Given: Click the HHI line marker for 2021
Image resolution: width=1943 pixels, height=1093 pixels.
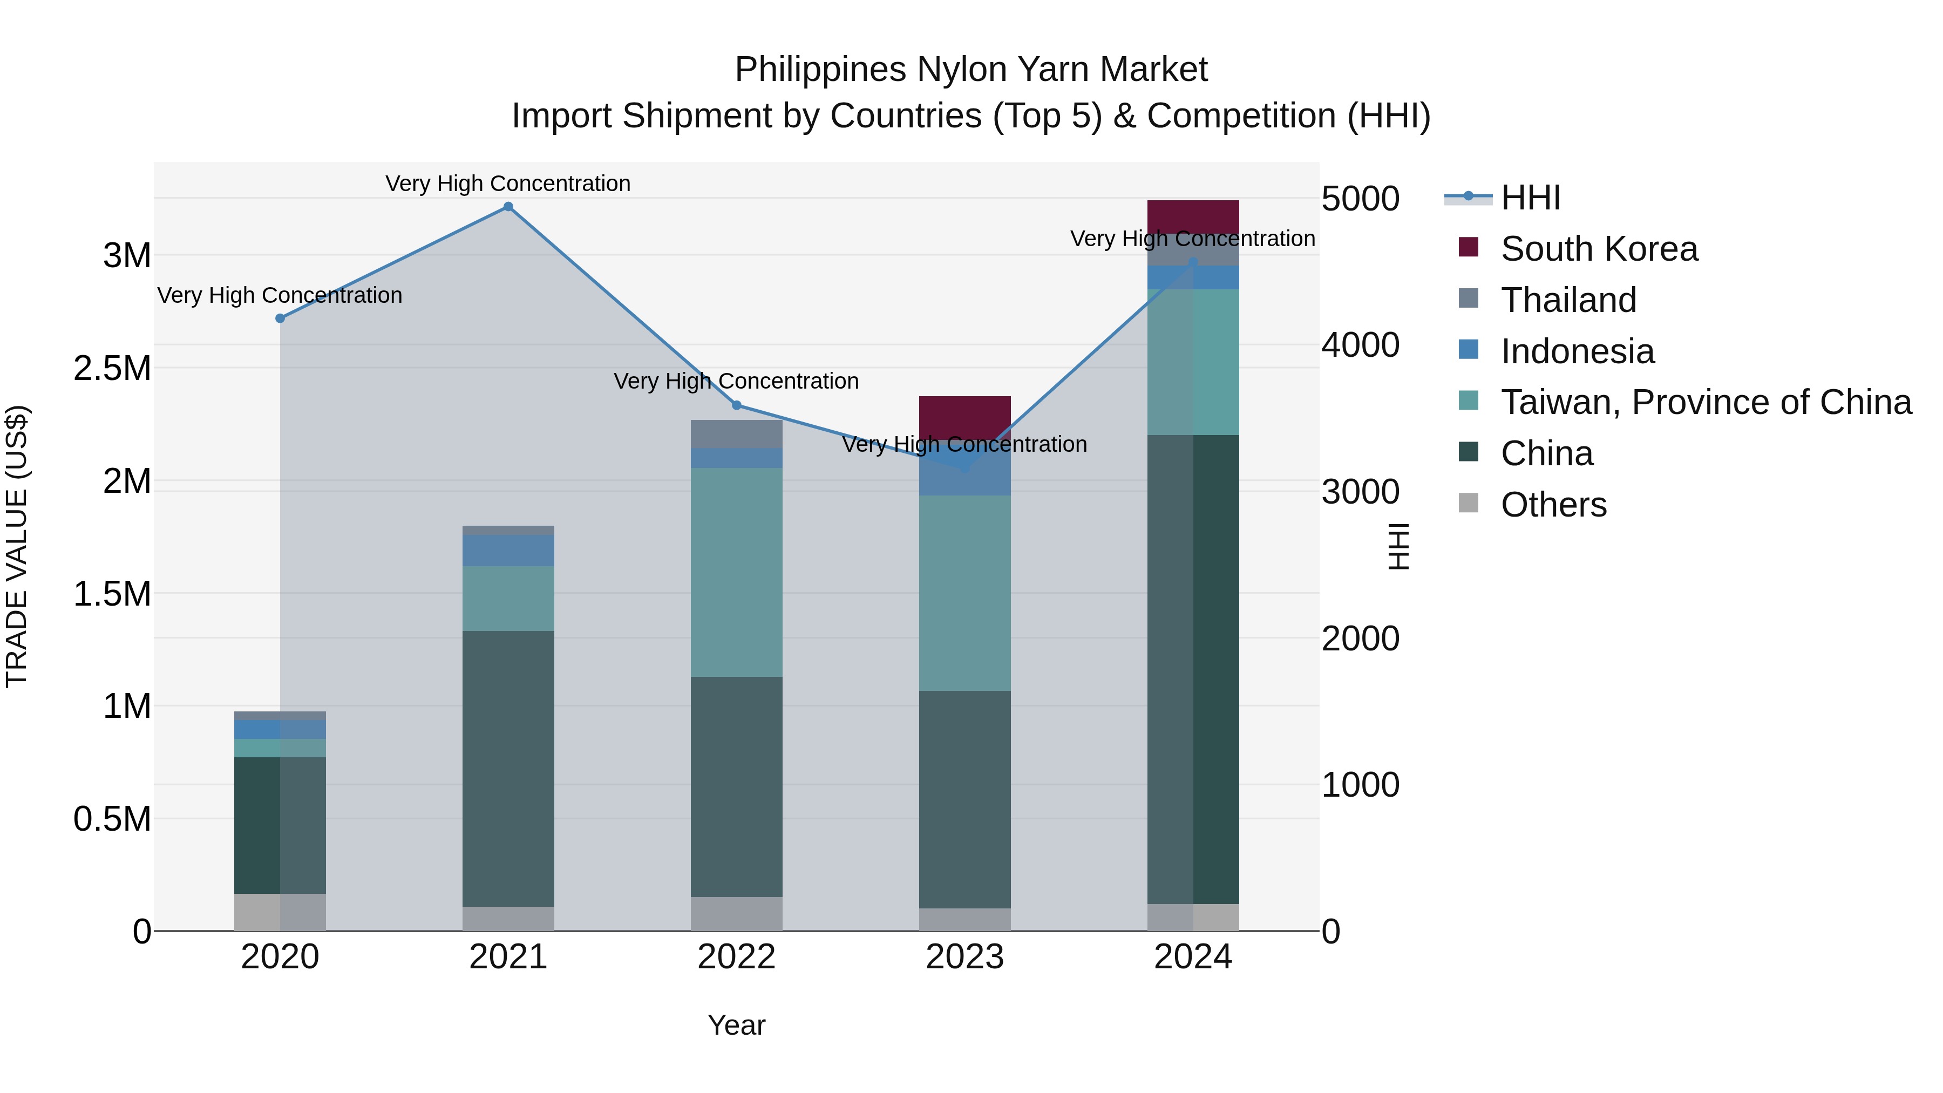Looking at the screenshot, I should coord(508,207).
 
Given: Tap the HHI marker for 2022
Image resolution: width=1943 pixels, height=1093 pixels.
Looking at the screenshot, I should coord(737,405).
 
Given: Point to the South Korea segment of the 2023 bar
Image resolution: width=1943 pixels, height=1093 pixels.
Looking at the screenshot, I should coord(964,416).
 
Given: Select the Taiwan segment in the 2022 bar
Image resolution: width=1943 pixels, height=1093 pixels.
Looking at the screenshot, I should coord(737,572).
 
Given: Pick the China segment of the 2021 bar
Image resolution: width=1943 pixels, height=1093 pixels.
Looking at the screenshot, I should coord(508,768).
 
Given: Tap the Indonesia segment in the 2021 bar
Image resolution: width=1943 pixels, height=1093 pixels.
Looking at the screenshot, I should coord(508,550).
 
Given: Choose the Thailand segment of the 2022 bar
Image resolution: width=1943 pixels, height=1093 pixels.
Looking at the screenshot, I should coord(737,434).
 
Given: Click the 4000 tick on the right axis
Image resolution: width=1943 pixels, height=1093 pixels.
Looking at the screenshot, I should coord(1361,345).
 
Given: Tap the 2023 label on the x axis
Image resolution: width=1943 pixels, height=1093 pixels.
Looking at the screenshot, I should coord(964,957).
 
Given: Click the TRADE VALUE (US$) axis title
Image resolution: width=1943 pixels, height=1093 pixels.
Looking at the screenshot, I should coord(17,546).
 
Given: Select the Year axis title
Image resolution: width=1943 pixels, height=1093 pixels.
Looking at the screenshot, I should coord(736,1025).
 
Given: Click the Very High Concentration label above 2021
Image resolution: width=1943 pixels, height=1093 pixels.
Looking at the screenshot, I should coord(508,184).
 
